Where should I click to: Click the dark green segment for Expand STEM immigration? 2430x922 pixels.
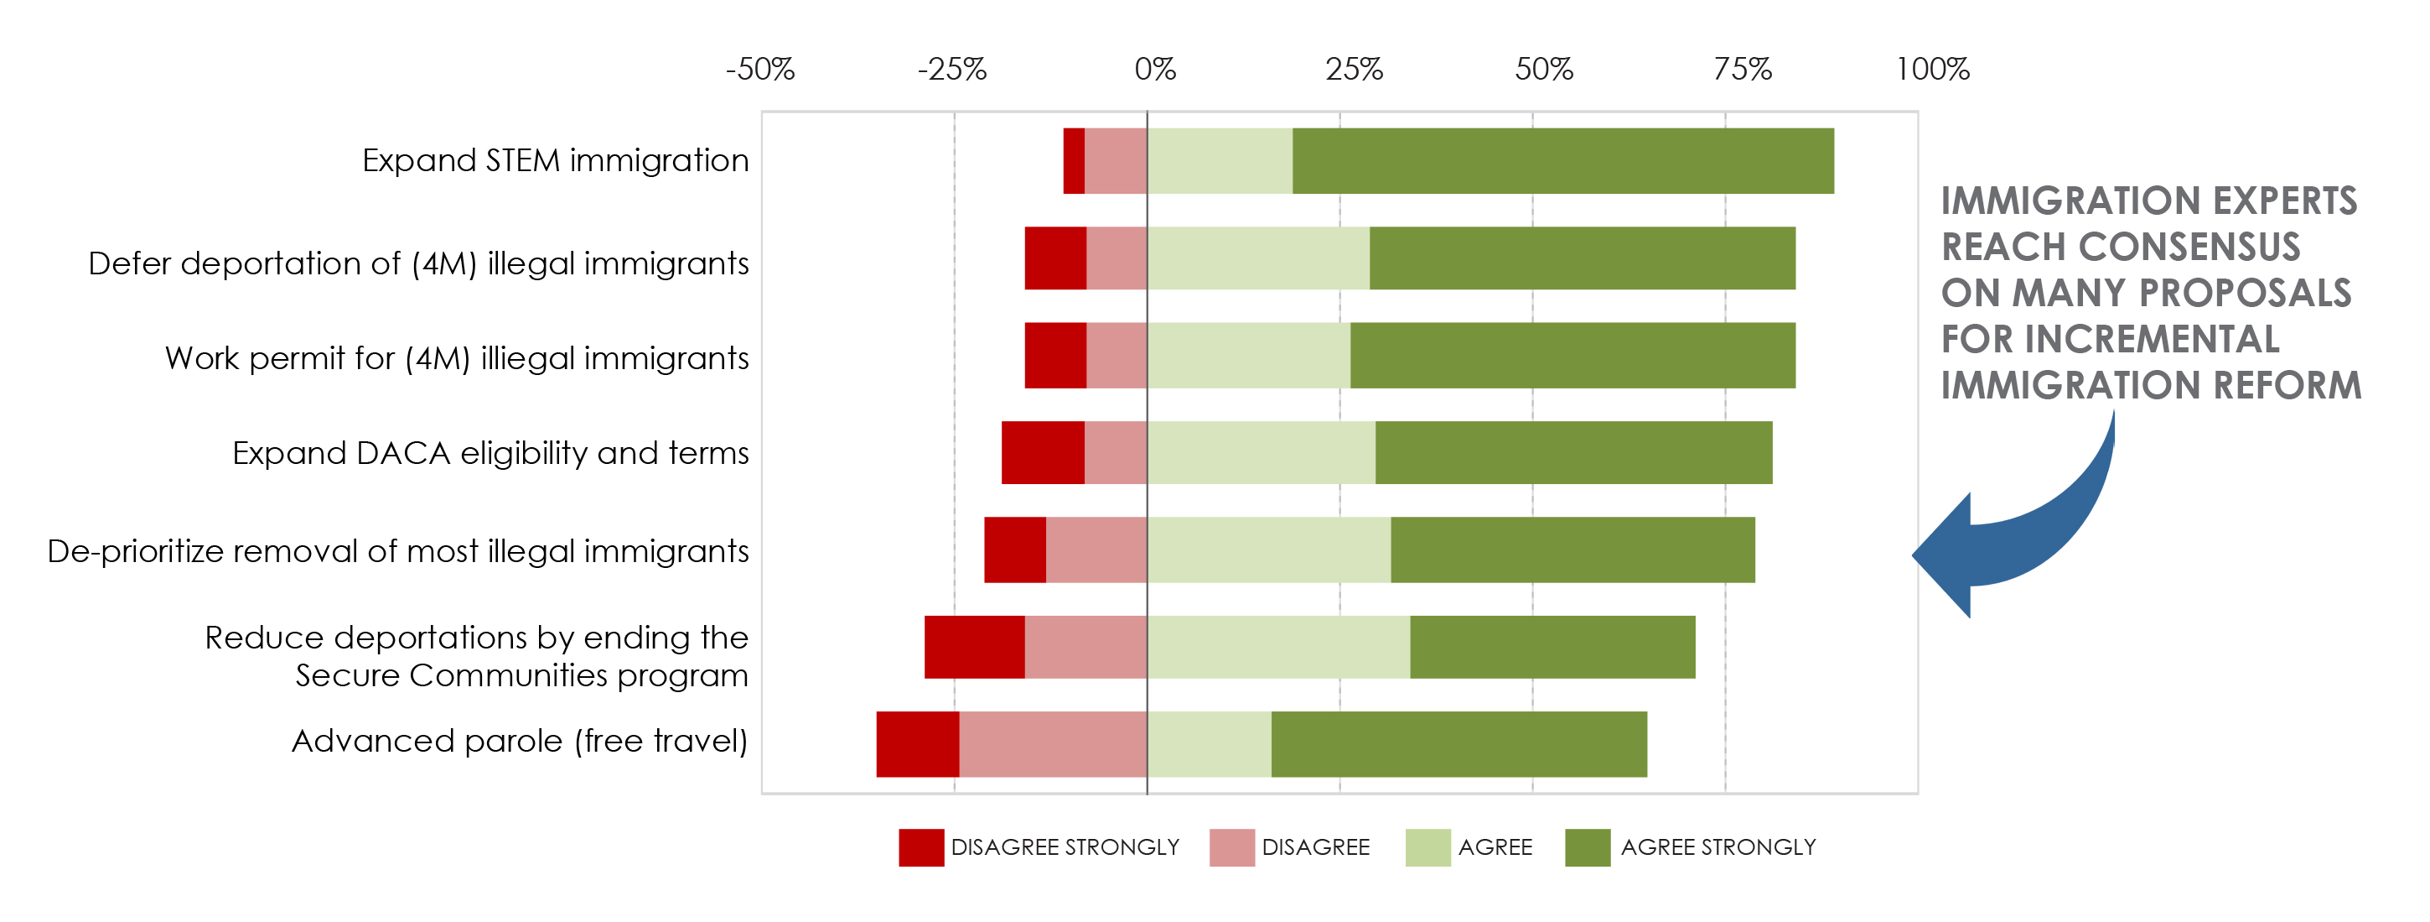1563,161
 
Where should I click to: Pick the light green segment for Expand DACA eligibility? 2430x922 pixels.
1262,453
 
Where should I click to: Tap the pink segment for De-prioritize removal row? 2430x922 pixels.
1096,550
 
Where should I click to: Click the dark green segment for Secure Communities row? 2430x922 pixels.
1552,648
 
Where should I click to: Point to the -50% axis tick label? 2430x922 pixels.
760,69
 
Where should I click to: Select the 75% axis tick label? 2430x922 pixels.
1743,69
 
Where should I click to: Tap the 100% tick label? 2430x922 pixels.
1933,69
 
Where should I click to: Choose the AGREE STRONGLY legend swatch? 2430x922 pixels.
1588,847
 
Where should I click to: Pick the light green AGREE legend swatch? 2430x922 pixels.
1428,847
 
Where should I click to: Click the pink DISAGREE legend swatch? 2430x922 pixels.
1232,847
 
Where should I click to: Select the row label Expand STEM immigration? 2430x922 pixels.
556,160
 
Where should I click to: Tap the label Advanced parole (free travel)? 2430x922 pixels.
520,742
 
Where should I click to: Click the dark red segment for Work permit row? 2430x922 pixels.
1055,356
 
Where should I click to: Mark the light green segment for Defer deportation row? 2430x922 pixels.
1258,258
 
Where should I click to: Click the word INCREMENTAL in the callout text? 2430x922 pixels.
2152,340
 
